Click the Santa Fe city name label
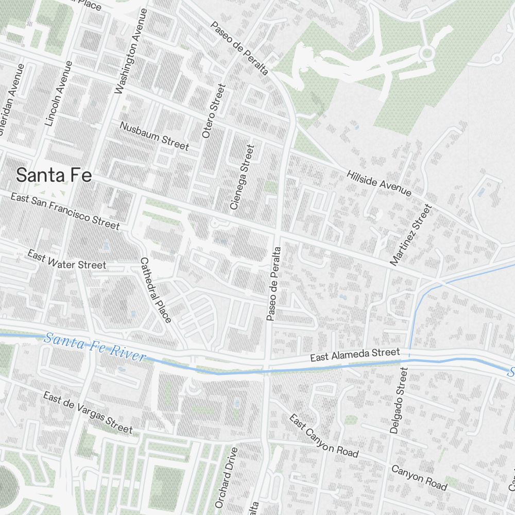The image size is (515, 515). (54, 175)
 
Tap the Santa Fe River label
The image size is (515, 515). (95, 349)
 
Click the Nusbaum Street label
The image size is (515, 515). (154, 135)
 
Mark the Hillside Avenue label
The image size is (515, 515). (379, 183)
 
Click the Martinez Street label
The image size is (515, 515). (410, 235)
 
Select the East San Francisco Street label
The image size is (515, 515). (65, 211)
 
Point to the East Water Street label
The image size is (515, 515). (66, 260)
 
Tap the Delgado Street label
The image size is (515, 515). (398, 400)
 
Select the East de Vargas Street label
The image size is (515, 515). (88, 413)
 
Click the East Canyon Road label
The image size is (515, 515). (323, 436)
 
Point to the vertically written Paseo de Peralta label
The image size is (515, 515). (273, 284)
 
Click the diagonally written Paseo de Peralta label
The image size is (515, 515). (239, 48)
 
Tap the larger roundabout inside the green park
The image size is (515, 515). (426, 53)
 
